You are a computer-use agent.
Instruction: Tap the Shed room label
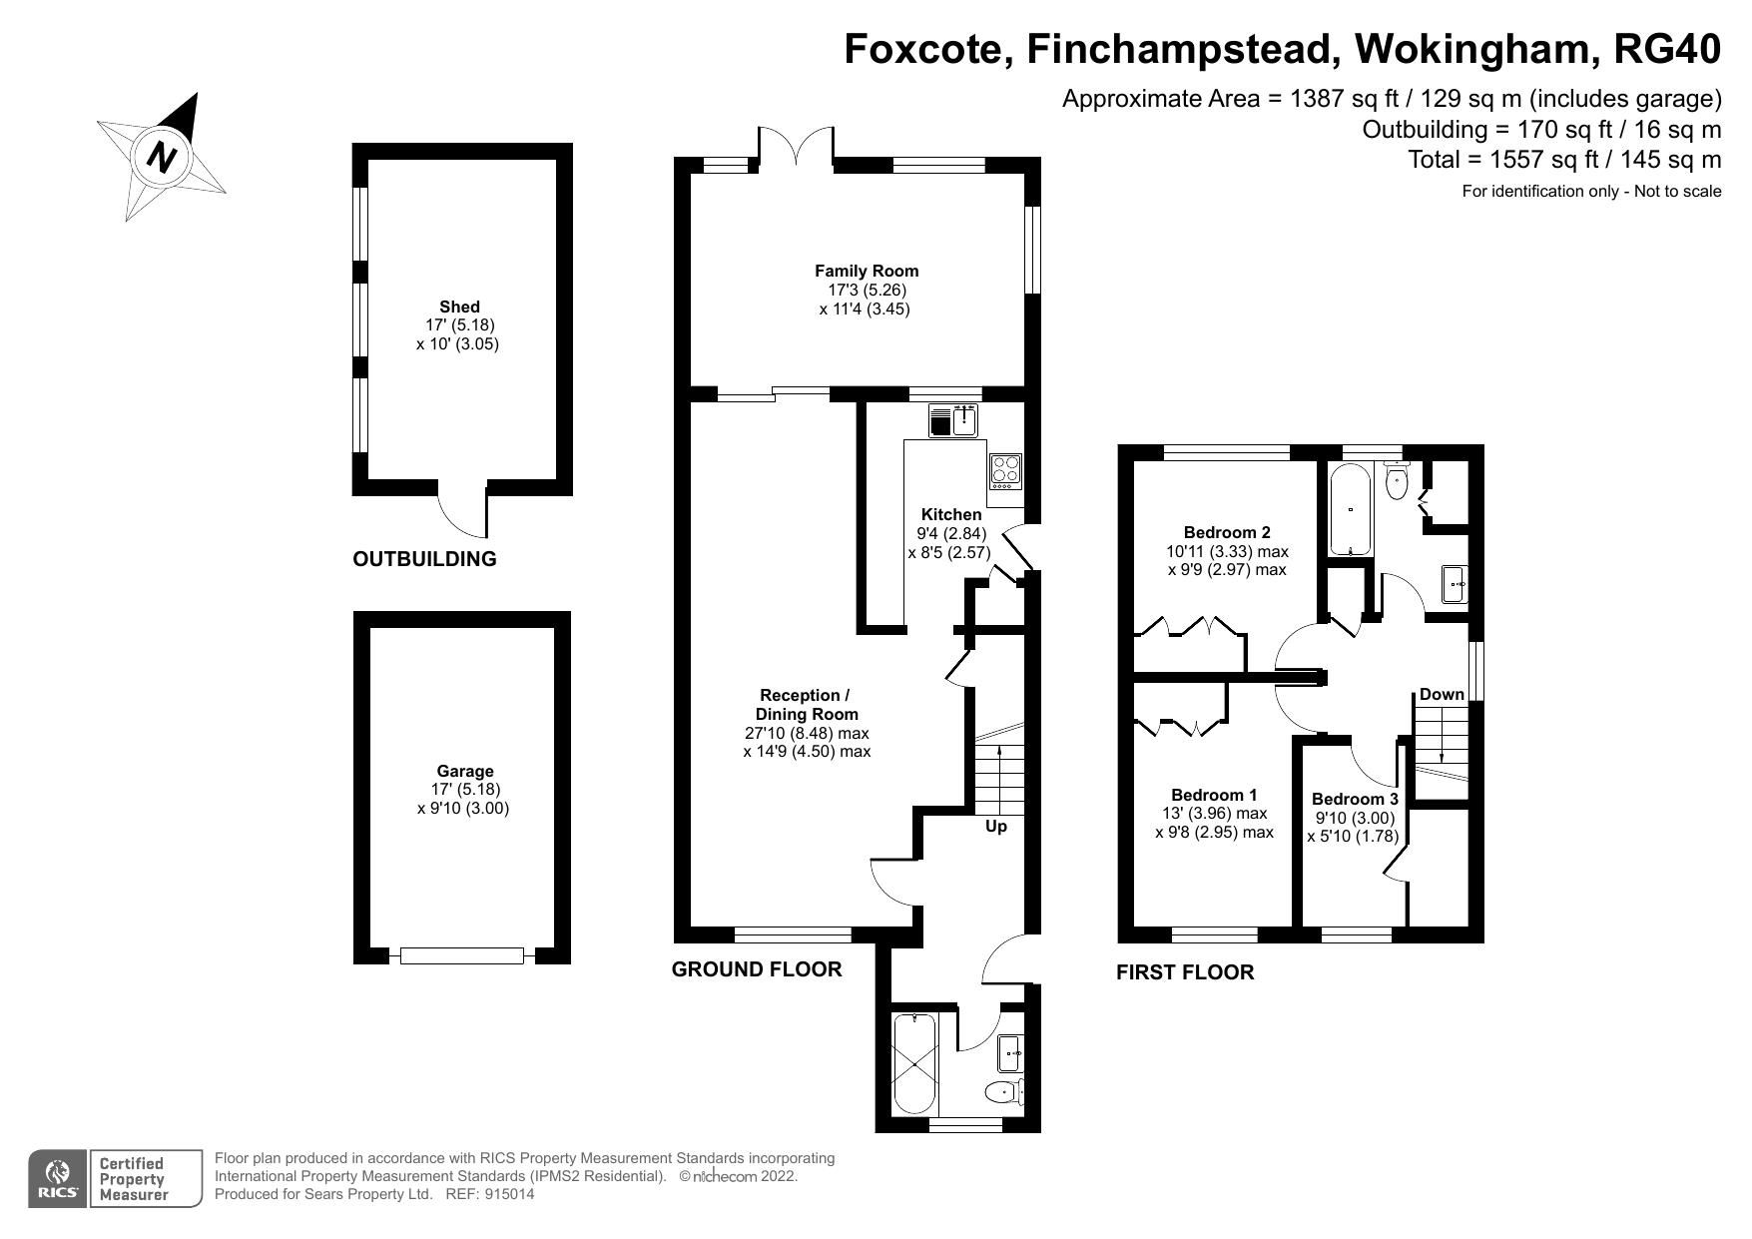point(459,307)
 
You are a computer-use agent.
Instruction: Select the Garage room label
point(465,771)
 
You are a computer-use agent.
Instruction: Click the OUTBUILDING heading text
point(424,559)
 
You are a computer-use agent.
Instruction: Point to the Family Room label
point(866,271)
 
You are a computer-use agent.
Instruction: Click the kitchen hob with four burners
point(1006,471)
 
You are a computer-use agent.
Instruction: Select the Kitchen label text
point(950,514)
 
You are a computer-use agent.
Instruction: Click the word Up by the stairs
point(995,827)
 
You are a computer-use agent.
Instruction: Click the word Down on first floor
point(1442,694)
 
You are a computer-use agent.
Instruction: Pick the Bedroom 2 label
point(1227,532)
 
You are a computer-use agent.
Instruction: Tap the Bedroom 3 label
point(1354,799)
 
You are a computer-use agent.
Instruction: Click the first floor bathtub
point(1351,509)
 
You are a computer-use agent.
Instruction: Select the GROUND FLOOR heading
point(757,968)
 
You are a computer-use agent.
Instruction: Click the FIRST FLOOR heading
point(1185,971)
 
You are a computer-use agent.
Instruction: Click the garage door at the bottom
point(462,955)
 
